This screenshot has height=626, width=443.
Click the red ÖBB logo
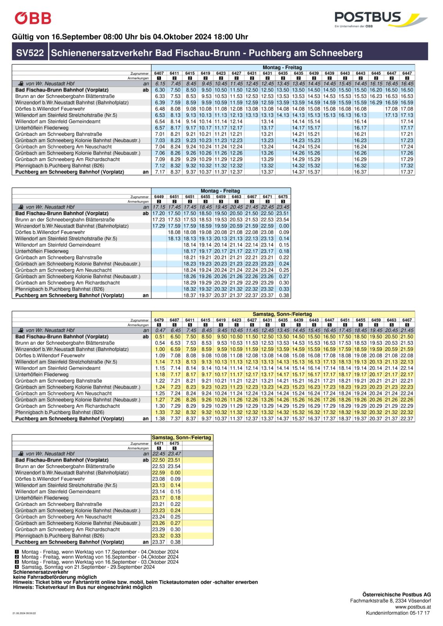click(x=33, y=18)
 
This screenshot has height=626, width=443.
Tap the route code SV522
click(x=30, y=53)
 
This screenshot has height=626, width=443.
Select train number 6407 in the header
click(x=159, y=73)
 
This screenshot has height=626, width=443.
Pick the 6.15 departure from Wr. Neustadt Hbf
click(x=160, y=83)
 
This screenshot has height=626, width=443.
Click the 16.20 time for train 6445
click(x=376, y=90)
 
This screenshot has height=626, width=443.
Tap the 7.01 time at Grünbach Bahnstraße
click(x=160, y=134)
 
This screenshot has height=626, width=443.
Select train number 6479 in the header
click(x=159, y=320)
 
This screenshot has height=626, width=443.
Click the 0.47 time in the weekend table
click(x=160, y=330)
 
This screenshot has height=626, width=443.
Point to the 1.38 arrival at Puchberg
click(x=160, y=419)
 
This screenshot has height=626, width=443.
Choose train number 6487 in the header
click(x=174, y=320)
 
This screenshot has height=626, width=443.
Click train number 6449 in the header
click(x=159, y=197)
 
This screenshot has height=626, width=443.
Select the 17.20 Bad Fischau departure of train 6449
click(x=159, y=213)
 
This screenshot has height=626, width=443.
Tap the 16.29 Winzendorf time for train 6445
click(x=376, y=103)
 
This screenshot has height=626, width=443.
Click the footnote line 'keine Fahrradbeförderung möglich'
click(x=55, y=577)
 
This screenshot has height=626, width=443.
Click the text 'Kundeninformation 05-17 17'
click(x=398, y=613)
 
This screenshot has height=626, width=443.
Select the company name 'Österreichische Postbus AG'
click(x=396, y=594)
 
